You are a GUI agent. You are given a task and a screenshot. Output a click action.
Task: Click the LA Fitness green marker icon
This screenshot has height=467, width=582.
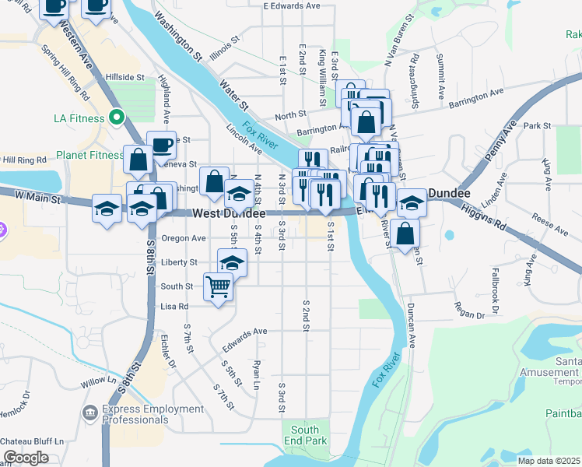(x=117, y=118)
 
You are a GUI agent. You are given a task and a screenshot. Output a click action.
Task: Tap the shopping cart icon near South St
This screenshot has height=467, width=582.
(x=219, y=286)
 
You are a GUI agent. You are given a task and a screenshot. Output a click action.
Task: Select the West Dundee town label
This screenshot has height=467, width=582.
(x=229, y=213)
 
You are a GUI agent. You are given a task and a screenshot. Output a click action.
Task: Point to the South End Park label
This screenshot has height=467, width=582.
(x=305, y=435)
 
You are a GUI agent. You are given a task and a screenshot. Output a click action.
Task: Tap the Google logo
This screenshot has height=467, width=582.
(x=25, y=458)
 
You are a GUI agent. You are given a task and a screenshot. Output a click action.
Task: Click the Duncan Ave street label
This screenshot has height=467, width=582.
(x=410, y=324)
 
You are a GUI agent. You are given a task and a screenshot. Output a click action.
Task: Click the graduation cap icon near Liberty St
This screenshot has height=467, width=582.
(x=232, y=262)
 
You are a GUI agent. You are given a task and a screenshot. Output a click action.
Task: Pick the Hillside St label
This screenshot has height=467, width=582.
(x=126, y=78)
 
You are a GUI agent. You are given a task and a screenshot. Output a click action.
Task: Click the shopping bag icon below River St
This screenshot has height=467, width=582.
(x=405, y=232)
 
